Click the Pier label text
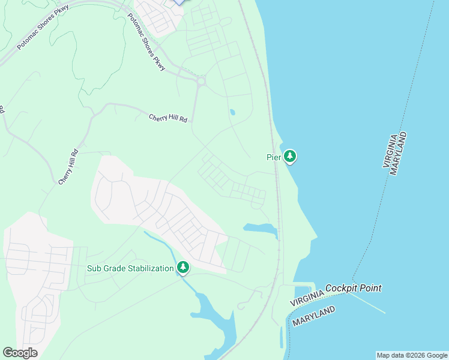point(273,157)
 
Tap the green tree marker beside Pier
point(291,157)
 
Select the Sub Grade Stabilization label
point(130,268)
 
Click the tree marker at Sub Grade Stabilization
point(183,268)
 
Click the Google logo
point(20,353)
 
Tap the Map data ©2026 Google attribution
point(412,355)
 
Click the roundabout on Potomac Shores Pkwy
point(200,80)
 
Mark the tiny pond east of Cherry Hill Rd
point(232,112)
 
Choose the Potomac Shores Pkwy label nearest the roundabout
point(146,42)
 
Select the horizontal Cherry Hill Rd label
point(168,118)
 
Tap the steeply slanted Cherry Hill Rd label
point(68,167)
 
